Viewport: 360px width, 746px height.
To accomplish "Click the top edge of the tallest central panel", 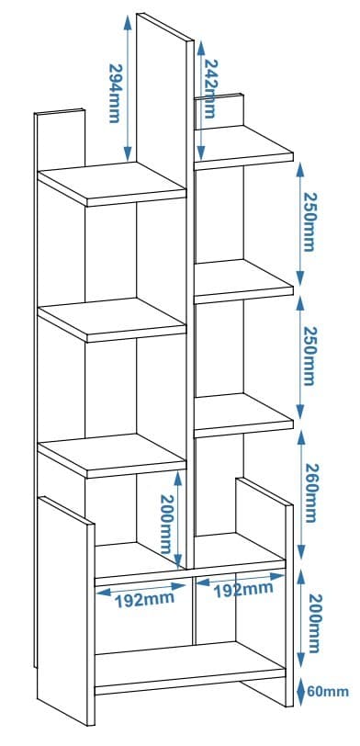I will [165, 26].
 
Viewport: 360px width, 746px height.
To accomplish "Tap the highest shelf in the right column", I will [244, 146].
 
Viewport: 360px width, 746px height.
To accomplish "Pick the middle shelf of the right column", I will [244, 279].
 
